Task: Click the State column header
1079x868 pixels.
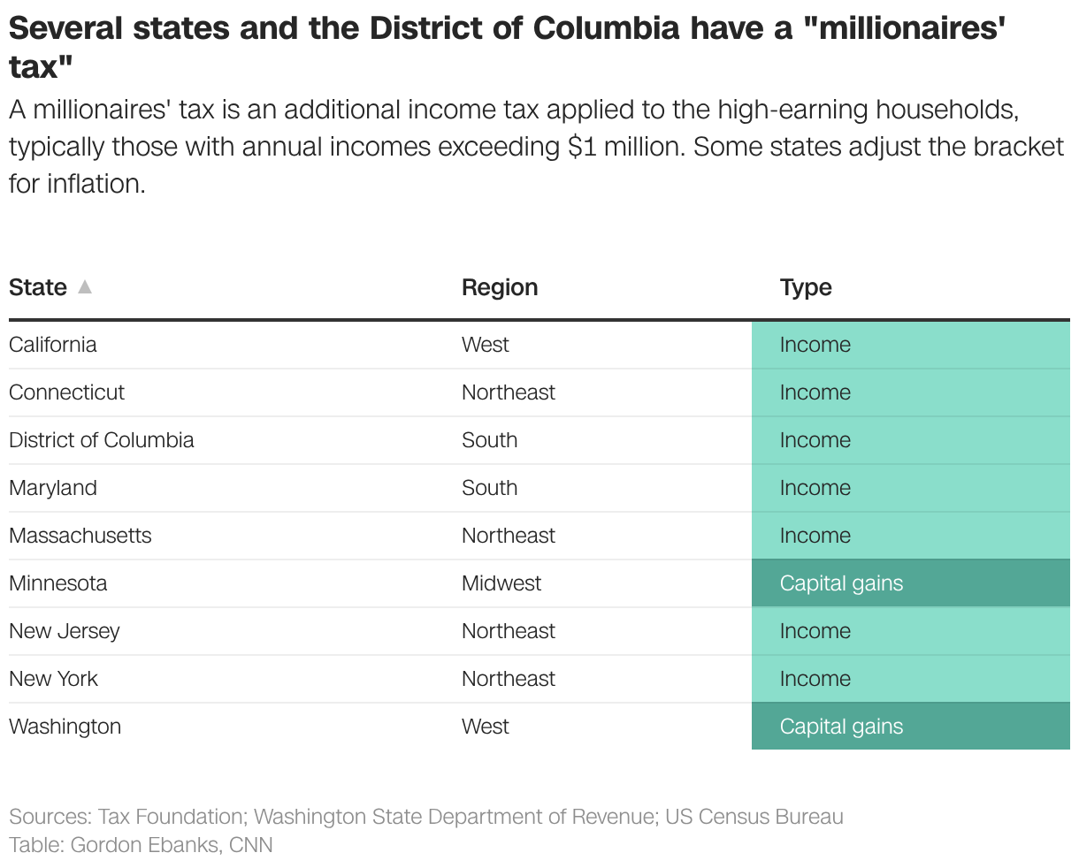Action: (x=38, y=287)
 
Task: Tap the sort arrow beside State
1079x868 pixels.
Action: (x=85, y=286)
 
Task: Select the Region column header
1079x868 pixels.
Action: (x=500, y=287)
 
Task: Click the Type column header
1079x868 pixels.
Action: (x=806, y=287)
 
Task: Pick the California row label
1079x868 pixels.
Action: (x=53, y=345)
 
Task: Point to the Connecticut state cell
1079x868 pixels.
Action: (x=67, y=392)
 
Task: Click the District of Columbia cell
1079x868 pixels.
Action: (x=102, y=440)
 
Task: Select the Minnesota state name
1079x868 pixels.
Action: (x=58, y=583)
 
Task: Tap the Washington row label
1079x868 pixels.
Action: (x=65, y=727)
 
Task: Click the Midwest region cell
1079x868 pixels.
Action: (x=501, y=583)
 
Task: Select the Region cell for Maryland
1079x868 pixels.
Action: (x=490, y=488)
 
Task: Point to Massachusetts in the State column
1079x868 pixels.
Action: (x=80, y=536)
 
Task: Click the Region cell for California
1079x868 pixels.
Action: (x=486, y=345)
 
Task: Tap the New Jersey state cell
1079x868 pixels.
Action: (x=65, y=631)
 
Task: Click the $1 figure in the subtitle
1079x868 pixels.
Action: (x=583, y=147)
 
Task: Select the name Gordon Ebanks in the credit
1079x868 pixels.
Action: (x=145, y=845)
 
